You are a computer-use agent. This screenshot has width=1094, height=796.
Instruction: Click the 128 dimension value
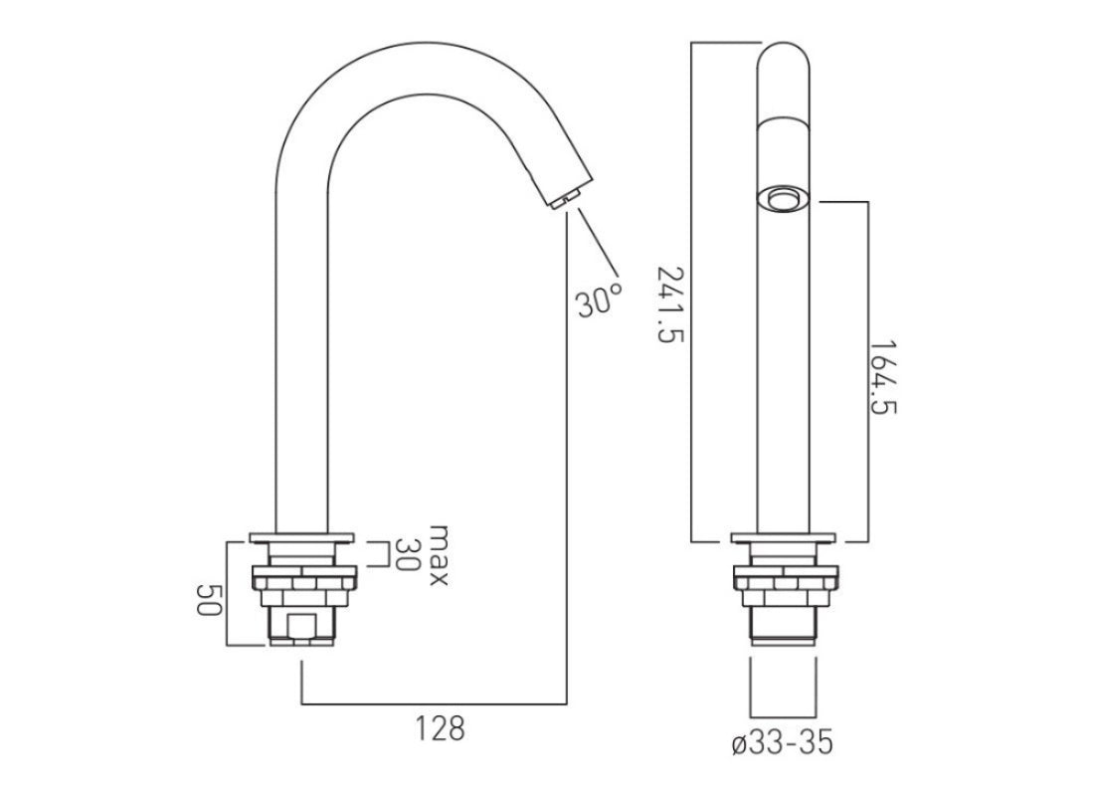(x=441, y=728)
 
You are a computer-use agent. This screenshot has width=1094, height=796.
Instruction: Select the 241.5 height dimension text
(x=672, y=303)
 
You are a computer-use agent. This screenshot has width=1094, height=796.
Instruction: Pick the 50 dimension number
(x=206, y=599)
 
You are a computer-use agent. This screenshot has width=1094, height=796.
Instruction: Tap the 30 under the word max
(x=406, y=554)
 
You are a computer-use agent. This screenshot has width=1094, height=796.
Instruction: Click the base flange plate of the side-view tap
(x=302, y=539)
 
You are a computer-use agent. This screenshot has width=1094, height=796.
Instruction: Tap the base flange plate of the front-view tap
(x=786, y=539)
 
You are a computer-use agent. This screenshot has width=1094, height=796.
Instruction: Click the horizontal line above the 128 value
(x=435, y=699)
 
